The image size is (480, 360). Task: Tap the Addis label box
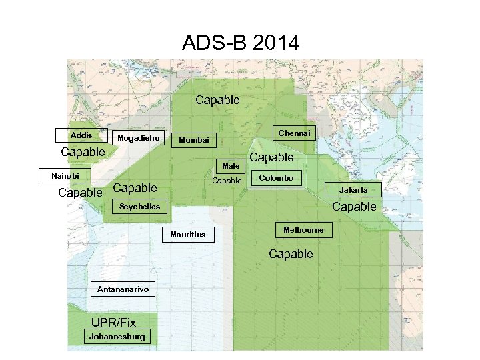pyautogui.click(x=81, y=135)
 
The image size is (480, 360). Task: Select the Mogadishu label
pyautogui.click(x=139, y=138)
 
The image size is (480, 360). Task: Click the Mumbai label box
pyautogui.click(x=194, y=140)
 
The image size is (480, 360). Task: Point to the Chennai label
pyautogui.click(x=294, y=133)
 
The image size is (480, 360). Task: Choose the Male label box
pyautogui.click(x=231, y=165)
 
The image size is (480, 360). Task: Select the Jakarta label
pyautogui.click(x=353, y=190)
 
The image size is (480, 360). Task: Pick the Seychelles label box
pyautogui.click(x=139, y=207)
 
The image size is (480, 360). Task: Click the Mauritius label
pyautogui.click(x=188, y=235)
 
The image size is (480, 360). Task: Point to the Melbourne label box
pyautogui.click(x=303, y=230)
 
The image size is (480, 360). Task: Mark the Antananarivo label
pyautogui.click(x=117, y=289)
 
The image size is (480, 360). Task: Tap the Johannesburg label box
pyautogui.click(x=117, y=337)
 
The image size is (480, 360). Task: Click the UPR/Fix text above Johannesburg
pyautogui.click(x=113, y=323)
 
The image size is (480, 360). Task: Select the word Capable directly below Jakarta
pyautogui.click(x=354, y=207)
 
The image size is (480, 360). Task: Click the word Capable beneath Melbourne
pyautogui.click(x=291, y=254)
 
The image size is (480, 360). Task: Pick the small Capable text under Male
pyautogui.click(x=227, y=181)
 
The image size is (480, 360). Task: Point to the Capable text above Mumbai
pyautogui.click(x=217, y=100)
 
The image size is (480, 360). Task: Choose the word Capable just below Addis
pyautogui.click(x=83, y=152)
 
